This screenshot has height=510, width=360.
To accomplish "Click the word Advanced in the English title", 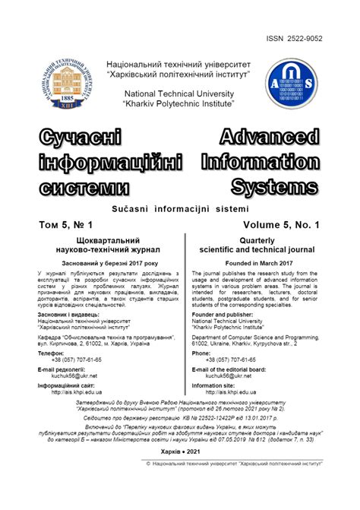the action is tap(270, 138).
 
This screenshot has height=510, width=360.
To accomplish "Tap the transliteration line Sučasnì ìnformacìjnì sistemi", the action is tap(180, 208).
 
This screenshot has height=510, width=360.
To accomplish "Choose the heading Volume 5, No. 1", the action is tap(282, 225).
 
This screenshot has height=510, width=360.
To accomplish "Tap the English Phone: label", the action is tap(201, 353).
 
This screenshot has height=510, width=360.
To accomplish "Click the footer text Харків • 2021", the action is tap(179, 451).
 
